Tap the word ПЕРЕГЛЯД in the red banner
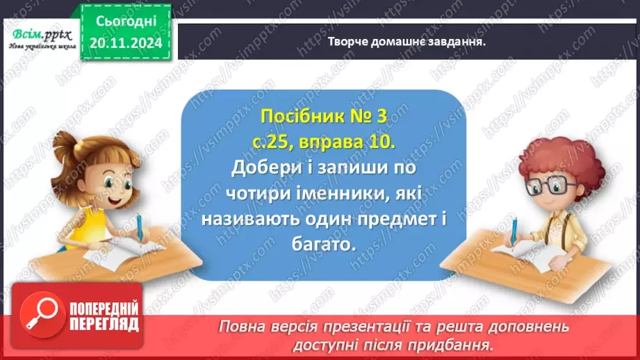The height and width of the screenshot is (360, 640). pyautogui.click(x=105, y=325)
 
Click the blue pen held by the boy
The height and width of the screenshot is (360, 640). pyautogui.click(x=516, y=230)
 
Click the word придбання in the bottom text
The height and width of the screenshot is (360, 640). pyautogui.click(x=466, y=344)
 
